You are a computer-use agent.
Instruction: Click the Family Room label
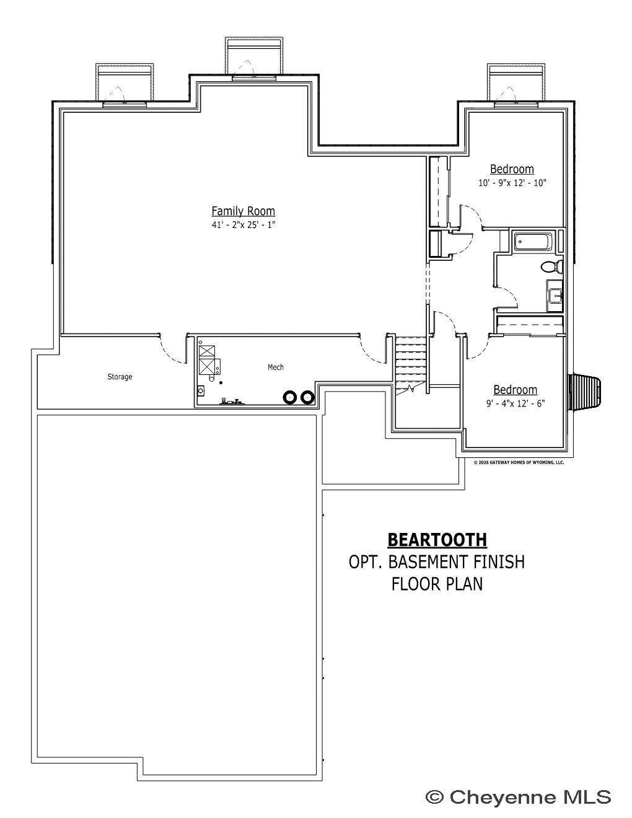[x=243, y=211]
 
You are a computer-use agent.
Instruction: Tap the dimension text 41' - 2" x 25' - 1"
[x=244, y=225]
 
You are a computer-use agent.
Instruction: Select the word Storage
[x=120, y=377]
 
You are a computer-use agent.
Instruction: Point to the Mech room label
[x=276, y=367]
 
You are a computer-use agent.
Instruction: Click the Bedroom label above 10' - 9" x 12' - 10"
[x=512, y=169]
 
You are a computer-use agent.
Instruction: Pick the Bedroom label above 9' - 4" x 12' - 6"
[x=516, y=390]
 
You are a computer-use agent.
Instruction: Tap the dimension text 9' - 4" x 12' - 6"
[x=516, y=403]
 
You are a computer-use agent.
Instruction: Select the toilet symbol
[x=552, y=267]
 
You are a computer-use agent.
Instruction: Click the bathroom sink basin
[x=555, y=295]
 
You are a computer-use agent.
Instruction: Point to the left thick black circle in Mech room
[x=290, y=397]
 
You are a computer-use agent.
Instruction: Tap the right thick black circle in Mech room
[x=307, y=397]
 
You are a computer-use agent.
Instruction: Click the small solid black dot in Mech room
[x=221, y=383]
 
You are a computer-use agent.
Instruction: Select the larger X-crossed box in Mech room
[x=208, y=366]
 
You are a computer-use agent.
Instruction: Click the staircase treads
[x=410, y=361]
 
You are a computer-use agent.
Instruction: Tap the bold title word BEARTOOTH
[x=437, y=540]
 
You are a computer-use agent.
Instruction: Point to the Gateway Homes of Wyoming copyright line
[x=519, y=462]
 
